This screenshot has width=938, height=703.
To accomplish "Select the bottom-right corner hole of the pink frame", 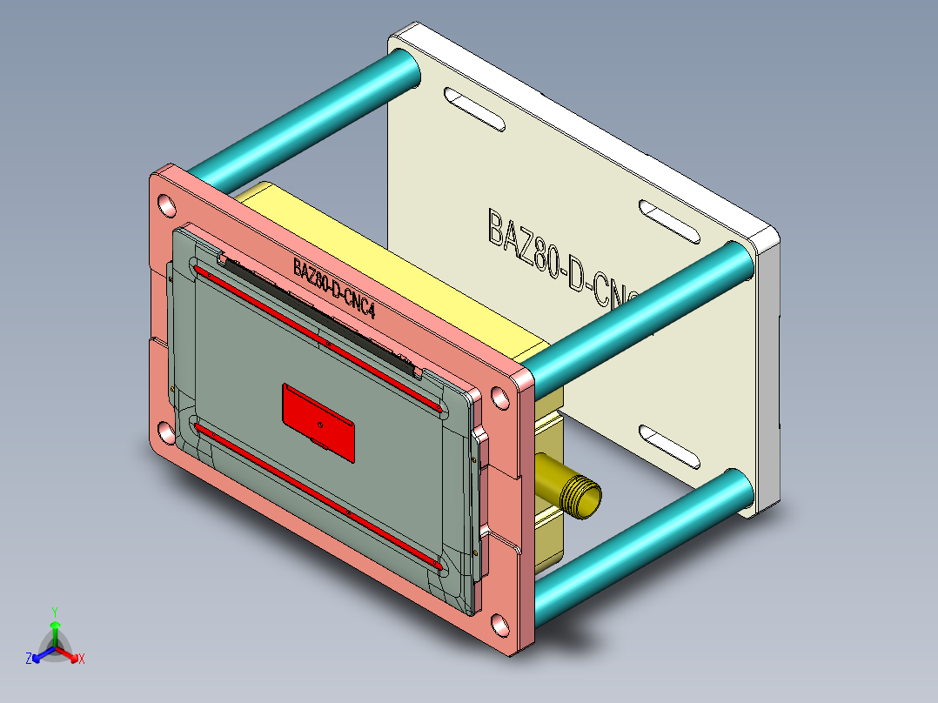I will [x=499, y=625].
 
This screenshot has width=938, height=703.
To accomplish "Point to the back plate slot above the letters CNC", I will [x=670, y=221].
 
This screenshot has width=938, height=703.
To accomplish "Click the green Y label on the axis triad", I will [x=55, y=612].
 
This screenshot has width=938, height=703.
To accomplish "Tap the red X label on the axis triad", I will [x=82, y=659].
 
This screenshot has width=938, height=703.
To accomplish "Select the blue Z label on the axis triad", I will [x=29, y=659].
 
